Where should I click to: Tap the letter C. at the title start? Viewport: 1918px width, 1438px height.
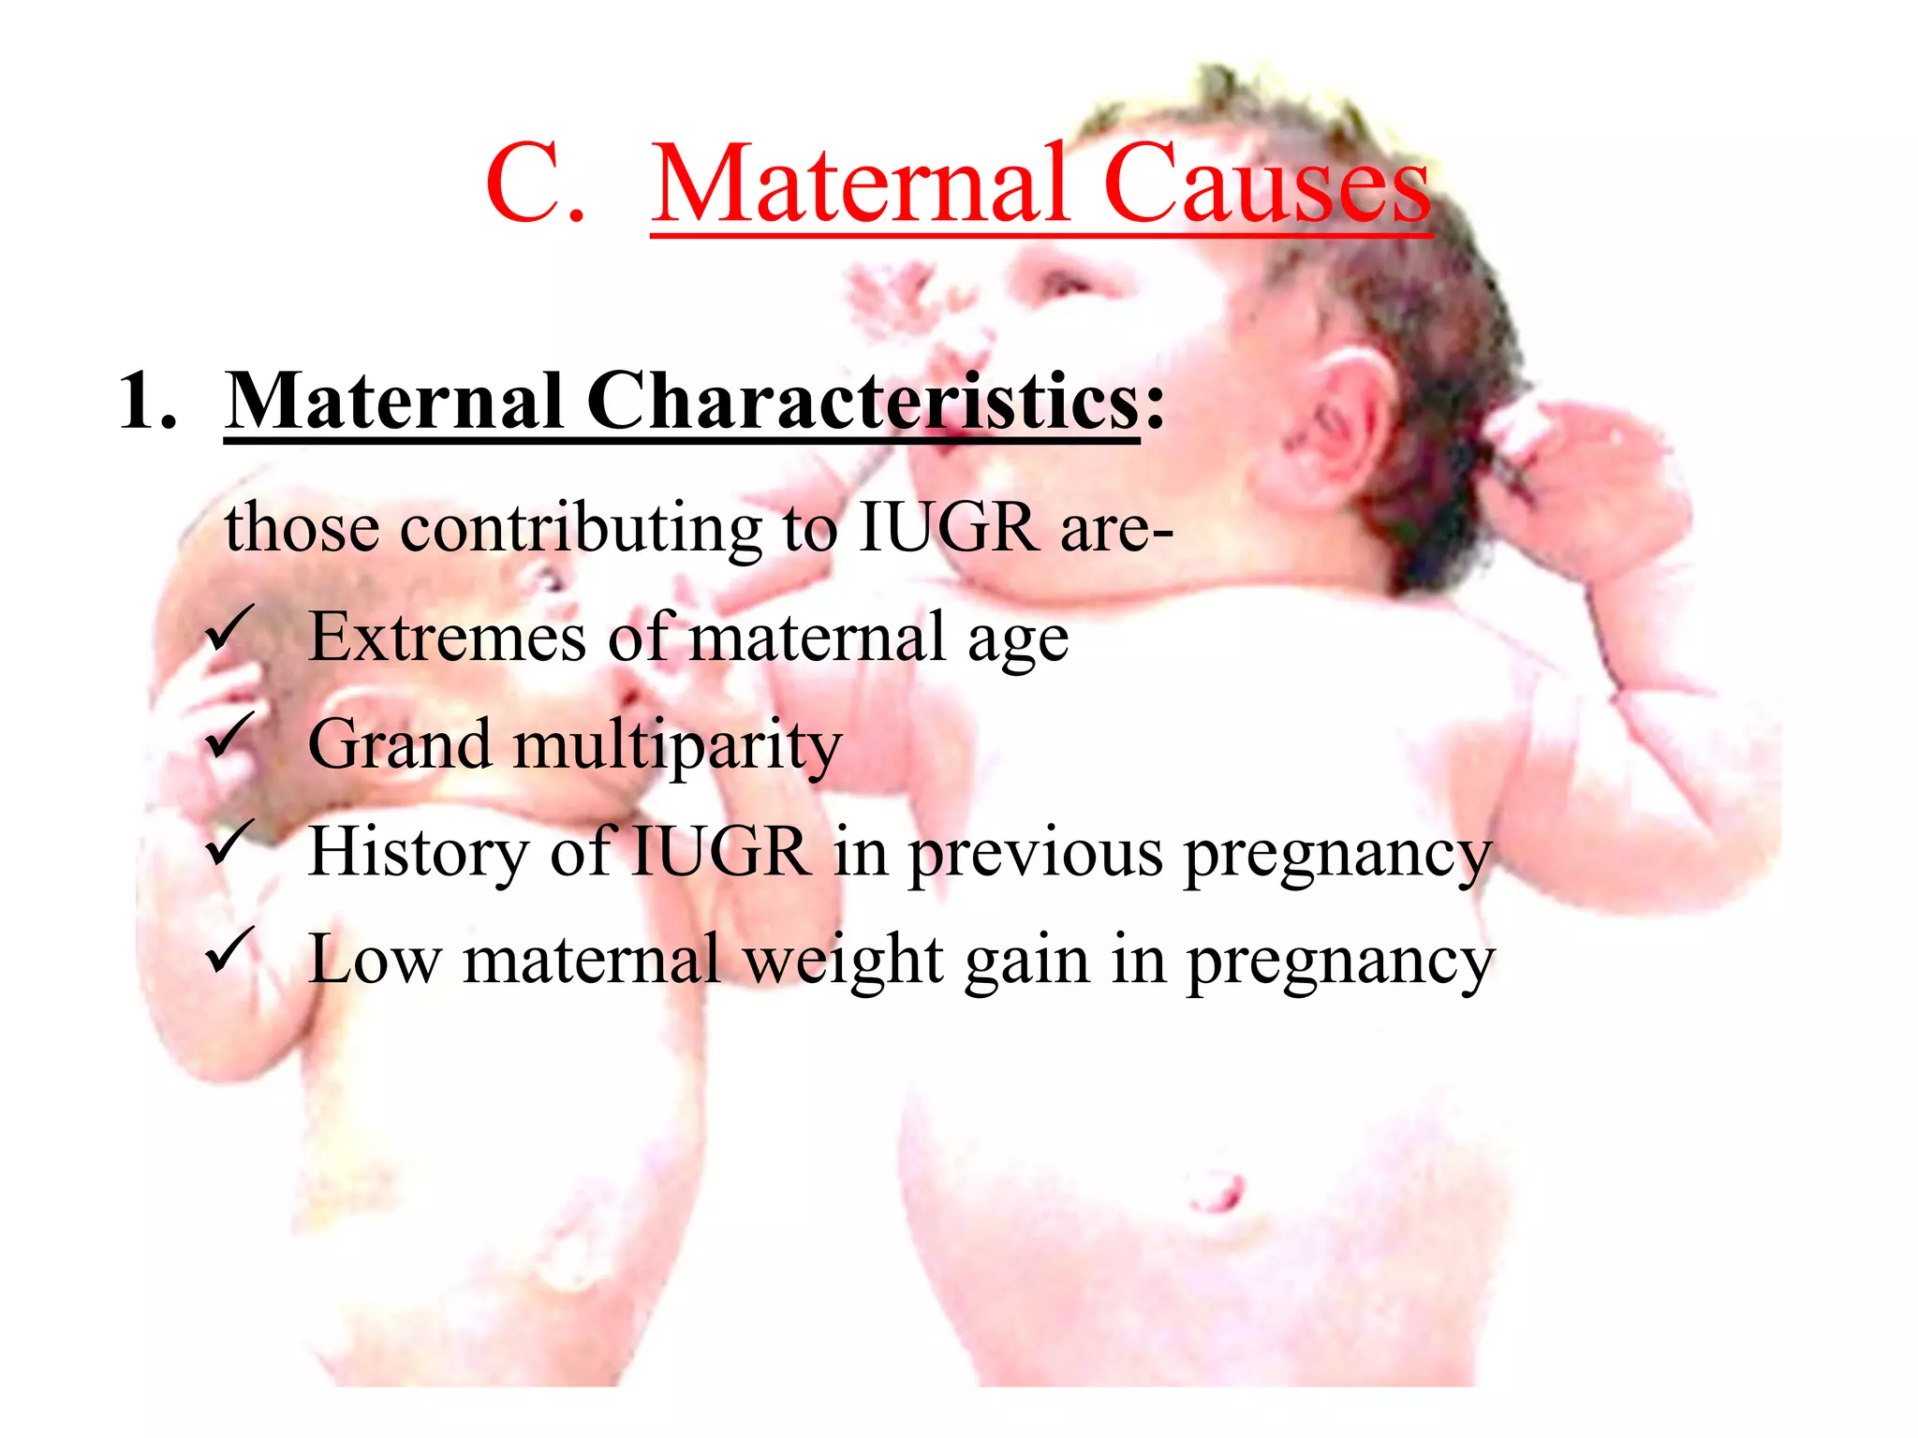[x=535, y=184]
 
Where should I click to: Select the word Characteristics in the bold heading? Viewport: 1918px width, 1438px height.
[x=863, y=402]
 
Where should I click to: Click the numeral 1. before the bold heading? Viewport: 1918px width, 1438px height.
[x=147, y=402]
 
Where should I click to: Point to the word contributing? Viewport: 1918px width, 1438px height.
[x=581, y=529]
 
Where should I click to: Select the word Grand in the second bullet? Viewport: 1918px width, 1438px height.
[x=400, y=745]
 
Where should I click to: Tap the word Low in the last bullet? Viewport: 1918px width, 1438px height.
[x=375, y=961]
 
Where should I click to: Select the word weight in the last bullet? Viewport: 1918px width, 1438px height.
[x=844, y=962]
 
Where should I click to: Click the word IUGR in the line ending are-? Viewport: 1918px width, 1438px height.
[x=948, y=529]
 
